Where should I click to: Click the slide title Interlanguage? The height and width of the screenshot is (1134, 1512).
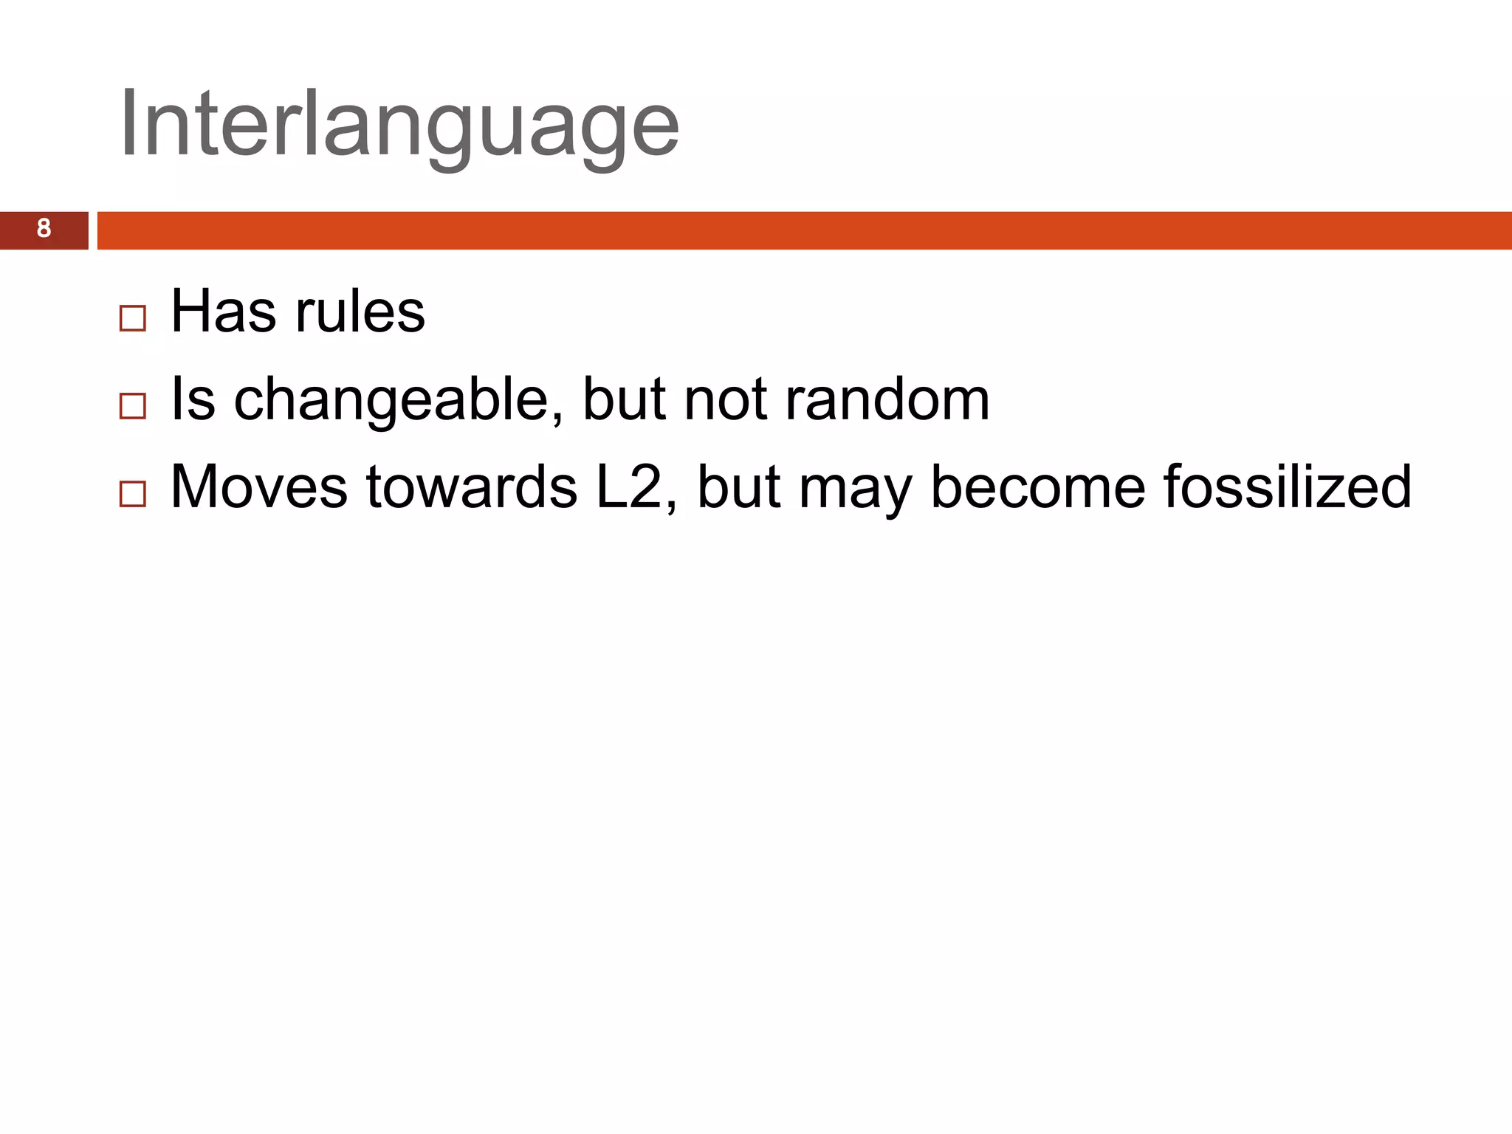click(399, 124)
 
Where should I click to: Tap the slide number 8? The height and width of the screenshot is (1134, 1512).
click(44, 230)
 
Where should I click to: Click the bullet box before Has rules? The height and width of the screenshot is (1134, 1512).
click(133, 319)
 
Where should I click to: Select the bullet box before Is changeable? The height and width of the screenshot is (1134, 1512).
click(133, 407)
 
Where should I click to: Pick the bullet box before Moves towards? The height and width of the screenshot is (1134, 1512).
click(133, 494)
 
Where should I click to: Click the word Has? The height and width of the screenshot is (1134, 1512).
click(224, 312)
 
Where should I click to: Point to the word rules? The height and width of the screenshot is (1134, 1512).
click(360, 312)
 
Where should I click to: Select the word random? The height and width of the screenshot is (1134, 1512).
click(887, 400)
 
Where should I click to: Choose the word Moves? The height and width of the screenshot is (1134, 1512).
click(258, 487)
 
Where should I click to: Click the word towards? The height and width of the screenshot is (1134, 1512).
click(472, 487)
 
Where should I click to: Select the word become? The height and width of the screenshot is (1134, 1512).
click(1037, 487)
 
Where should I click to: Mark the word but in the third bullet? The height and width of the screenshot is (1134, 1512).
click(738, 487)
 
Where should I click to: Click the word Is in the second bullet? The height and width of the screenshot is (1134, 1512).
click(193, 400)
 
